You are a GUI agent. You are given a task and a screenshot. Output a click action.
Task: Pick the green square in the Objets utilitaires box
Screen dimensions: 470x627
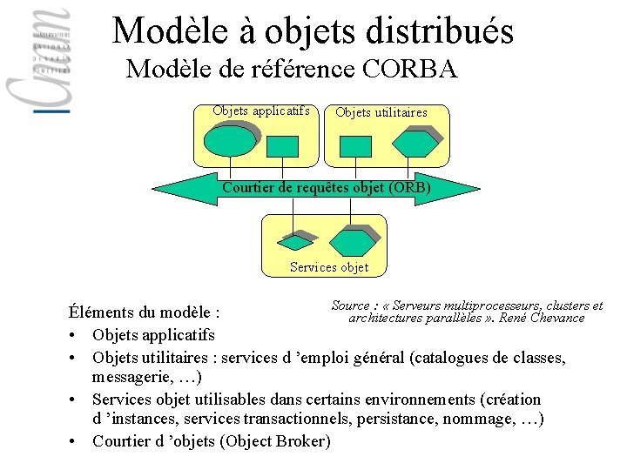click(356, 145)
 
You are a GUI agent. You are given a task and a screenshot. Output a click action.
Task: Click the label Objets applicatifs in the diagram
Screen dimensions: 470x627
click(260, 111)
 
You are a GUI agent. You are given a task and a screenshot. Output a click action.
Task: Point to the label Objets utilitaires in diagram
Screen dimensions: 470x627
click(381, 112)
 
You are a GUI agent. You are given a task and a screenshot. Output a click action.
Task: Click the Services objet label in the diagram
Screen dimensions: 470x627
click(329, 267)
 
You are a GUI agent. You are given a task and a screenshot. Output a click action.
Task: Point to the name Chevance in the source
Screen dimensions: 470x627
click(554, 319)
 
